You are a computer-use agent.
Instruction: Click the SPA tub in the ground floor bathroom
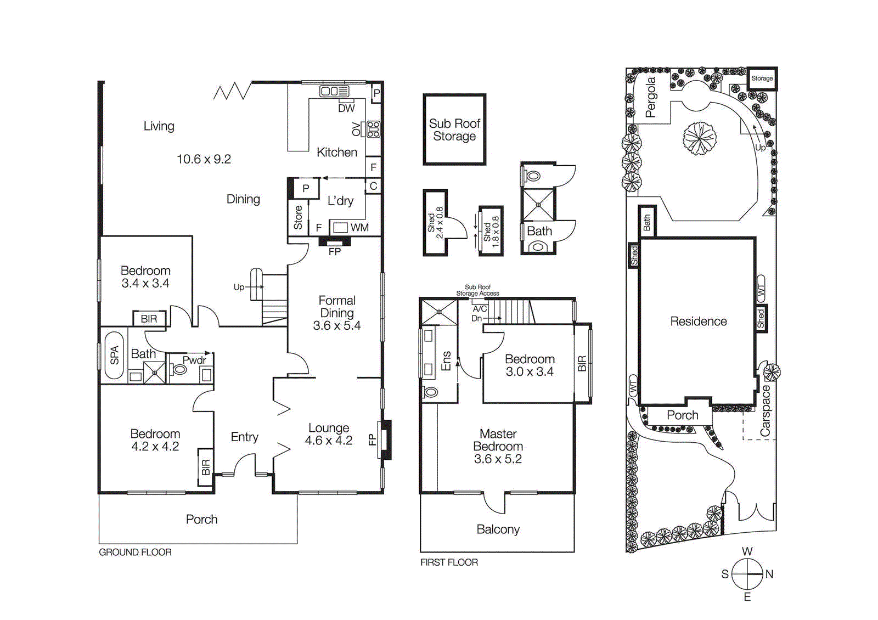[x=114, y=355]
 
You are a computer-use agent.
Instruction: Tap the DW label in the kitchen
[x=346, y=109]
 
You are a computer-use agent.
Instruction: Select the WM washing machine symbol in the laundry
[x=341, y=227]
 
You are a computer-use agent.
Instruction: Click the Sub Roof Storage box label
[x=454, y=130]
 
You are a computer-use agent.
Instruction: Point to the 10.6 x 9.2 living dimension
[x=204, y=159]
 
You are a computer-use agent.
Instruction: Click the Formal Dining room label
[x=337, y=307]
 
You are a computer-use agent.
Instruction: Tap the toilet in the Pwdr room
[x=179, y=369]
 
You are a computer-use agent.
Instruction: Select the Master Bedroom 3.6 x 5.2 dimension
[x=498, y=459]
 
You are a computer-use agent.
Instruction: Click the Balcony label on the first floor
[x=498, y=529]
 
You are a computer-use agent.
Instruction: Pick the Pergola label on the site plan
[x=651, y=97]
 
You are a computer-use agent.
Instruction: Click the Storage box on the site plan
[x=762, y=78]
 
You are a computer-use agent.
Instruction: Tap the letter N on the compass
[x=769, y=574]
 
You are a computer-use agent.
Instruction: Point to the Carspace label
[x=766, y=411]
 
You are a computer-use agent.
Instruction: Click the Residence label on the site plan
[x=698, y=322]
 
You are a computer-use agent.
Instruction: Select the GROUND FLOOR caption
[x=135, y=553]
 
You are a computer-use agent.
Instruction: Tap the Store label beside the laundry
[x=298, y=217]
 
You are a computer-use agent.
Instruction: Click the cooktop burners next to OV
[x=374, y=129]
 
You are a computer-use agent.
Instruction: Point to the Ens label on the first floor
[x=446, y=361]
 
